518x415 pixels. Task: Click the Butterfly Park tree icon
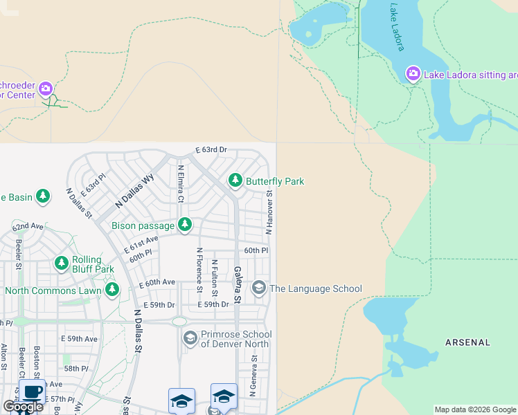pyautogui.click(x=235, y=181)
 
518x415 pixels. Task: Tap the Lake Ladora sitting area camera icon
pyautogui.click(x=413, y=73)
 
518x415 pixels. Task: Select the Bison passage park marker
pyautogui.click(x=184, y=224)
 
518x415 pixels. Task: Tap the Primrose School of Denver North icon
pyautogui.click(x=190, y=338)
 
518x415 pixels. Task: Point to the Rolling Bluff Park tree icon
pyautogui.click(x=62, y=264)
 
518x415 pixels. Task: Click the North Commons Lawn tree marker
pyautogui.click(x=110, y=290)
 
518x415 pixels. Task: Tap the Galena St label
pyautogui.click(x=237, y=284)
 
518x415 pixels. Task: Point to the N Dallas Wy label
pyautogui.click(x=134, y=192)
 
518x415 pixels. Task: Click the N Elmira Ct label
pyautogui.click(x=181, y=183)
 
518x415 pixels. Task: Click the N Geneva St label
pyautogui.click(x=254, y=376)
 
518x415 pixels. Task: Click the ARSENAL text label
pyautogui.click(x=467, y=342)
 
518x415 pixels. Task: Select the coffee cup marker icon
pyautogui.click(x=32, y=391)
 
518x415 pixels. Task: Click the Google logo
pyautogui.click(x=22, y=407)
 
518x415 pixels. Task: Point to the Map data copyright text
pyautogui.click(x=475, y=409)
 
